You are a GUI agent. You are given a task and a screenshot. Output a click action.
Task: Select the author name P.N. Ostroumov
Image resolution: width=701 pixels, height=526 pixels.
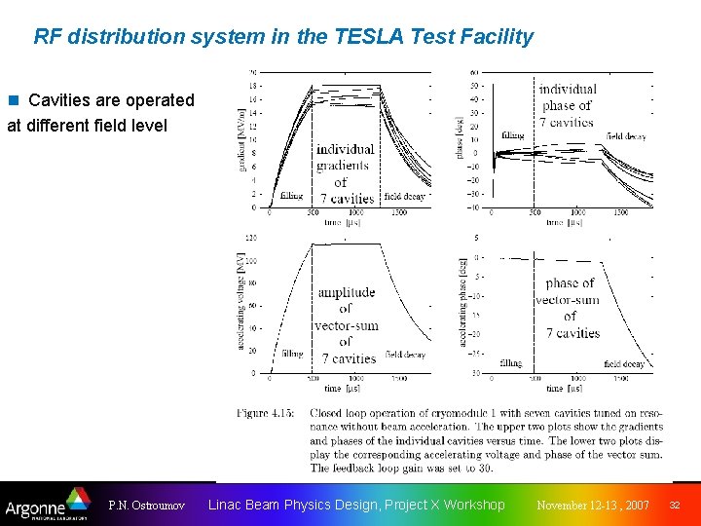146,506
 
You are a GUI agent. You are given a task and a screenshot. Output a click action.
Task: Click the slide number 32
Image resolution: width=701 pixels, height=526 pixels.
674,506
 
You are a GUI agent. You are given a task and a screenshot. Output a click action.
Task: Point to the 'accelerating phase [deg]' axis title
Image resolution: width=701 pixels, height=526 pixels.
461,302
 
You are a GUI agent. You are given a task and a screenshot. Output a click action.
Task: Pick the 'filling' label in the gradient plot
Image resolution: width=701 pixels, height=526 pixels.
291,196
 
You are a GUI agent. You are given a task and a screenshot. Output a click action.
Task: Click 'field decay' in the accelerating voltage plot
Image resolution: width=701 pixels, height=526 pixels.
405,355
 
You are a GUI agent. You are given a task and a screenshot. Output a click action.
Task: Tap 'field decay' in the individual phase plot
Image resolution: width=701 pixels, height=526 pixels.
627,136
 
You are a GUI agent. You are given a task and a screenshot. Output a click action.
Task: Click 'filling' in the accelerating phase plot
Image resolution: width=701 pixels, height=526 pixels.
510,363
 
